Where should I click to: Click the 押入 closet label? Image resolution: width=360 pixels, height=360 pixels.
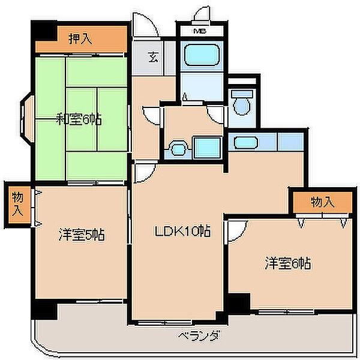(80, 39)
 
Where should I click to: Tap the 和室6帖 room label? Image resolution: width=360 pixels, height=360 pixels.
(79, 119)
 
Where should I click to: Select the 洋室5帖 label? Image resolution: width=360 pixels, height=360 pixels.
(82, 235)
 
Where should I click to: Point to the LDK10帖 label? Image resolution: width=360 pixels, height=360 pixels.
(182, 231)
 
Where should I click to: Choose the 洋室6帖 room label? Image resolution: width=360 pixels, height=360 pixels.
(288, 263)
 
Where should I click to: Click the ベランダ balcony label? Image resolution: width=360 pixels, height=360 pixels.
(199, 336)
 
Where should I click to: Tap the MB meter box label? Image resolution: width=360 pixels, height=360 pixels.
(200, 31)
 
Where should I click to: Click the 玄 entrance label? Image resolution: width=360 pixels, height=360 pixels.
(153, 57)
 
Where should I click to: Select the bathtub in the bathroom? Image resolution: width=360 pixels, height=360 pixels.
(202, 55)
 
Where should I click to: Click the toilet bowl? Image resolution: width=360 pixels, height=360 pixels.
(242, 106)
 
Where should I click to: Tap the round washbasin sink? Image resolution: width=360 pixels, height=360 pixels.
(178, 149)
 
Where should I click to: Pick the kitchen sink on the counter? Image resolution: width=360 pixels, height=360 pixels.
(245, 142)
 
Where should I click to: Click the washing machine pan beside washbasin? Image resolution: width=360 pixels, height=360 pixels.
(208, 148)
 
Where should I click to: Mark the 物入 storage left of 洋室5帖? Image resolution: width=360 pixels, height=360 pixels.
(17, 205)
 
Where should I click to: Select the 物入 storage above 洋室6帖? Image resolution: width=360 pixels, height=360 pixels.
(323, 202)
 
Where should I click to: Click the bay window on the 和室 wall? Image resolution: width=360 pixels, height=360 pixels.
(27, 119)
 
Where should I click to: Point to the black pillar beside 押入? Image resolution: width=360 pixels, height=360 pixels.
(44, 31)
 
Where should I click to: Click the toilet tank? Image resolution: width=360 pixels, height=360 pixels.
(242, 94)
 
